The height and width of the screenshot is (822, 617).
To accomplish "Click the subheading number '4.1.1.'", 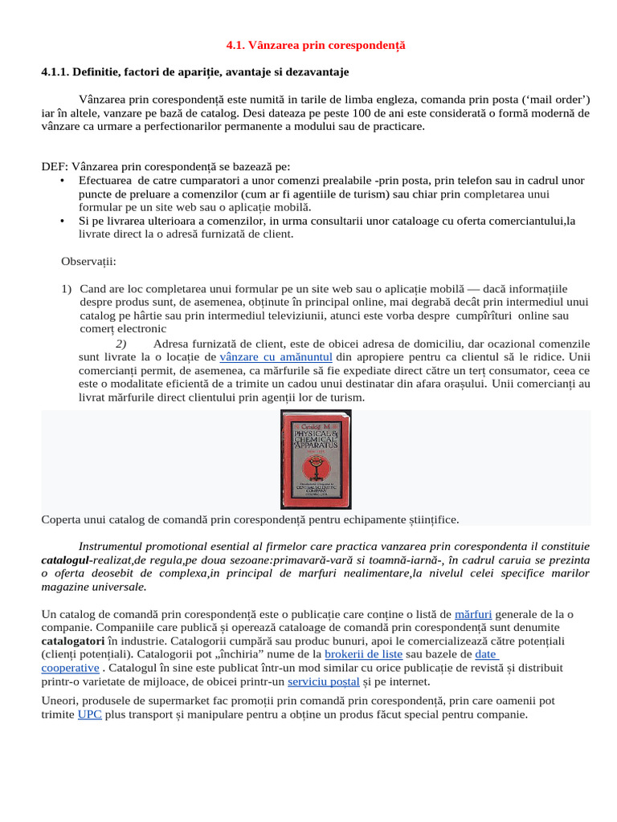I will tap(55, 72).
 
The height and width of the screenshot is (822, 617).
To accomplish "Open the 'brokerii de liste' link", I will tap(363, 654).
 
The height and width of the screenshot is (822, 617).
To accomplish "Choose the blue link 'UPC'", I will tap(89, 714).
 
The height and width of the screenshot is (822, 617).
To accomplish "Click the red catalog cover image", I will tap(316, 458).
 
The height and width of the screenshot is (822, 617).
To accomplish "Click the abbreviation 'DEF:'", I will tap(55, 167).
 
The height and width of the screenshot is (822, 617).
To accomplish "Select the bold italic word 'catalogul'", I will tap(66, 560).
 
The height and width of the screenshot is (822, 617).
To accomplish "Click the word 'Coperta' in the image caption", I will tap(62, 519).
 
